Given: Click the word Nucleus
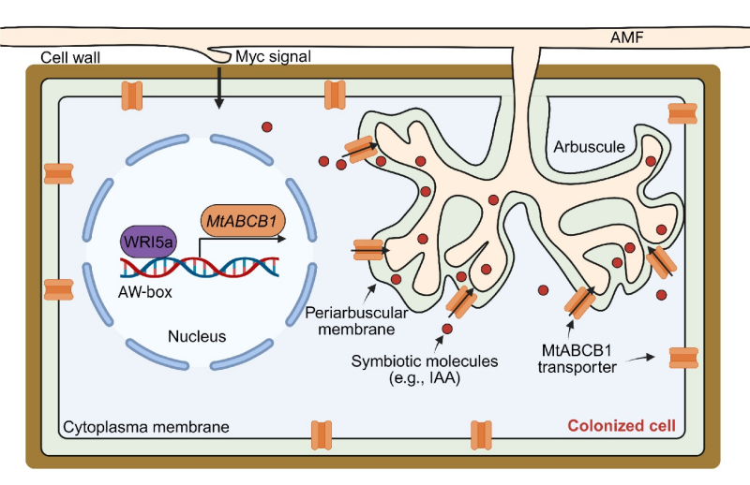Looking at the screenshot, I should pos(194,335).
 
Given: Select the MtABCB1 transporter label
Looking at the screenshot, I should pos(576,358).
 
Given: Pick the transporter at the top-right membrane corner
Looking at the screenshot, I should pos(682,112).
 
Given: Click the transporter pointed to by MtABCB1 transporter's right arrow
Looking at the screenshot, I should pos(683,358).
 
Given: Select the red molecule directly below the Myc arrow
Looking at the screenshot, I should pos(267,127).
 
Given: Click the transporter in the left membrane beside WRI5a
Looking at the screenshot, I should pos(58,289).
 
